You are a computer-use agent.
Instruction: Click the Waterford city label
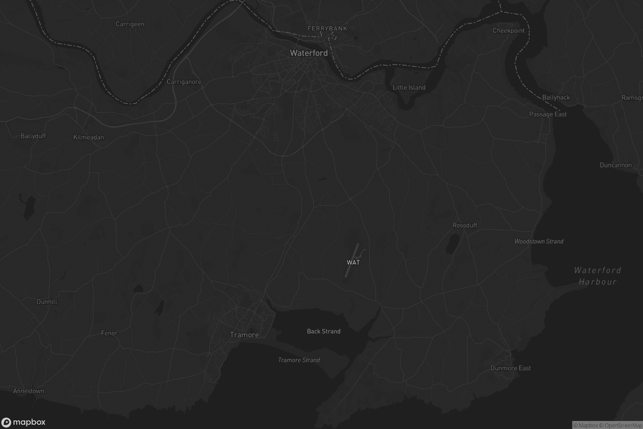309,53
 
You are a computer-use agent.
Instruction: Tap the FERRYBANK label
327,28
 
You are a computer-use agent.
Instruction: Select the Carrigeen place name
130,24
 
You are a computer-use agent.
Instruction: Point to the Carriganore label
184,82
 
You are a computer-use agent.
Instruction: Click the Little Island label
409,88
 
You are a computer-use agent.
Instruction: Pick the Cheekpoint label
509,31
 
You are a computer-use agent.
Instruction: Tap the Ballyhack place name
556,97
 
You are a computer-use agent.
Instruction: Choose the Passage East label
548,114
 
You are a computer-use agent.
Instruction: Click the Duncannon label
616,165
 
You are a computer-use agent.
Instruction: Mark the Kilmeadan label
89,137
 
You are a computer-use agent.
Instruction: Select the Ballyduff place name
33,136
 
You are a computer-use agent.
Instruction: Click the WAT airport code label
353,262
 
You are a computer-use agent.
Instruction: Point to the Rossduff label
465,225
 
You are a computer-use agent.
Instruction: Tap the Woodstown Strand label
539,241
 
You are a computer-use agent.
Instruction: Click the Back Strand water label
324,331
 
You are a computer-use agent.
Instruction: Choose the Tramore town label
244,335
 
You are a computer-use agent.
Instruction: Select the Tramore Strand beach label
299,360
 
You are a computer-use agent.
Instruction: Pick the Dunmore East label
510,368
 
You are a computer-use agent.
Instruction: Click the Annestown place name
28,391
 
